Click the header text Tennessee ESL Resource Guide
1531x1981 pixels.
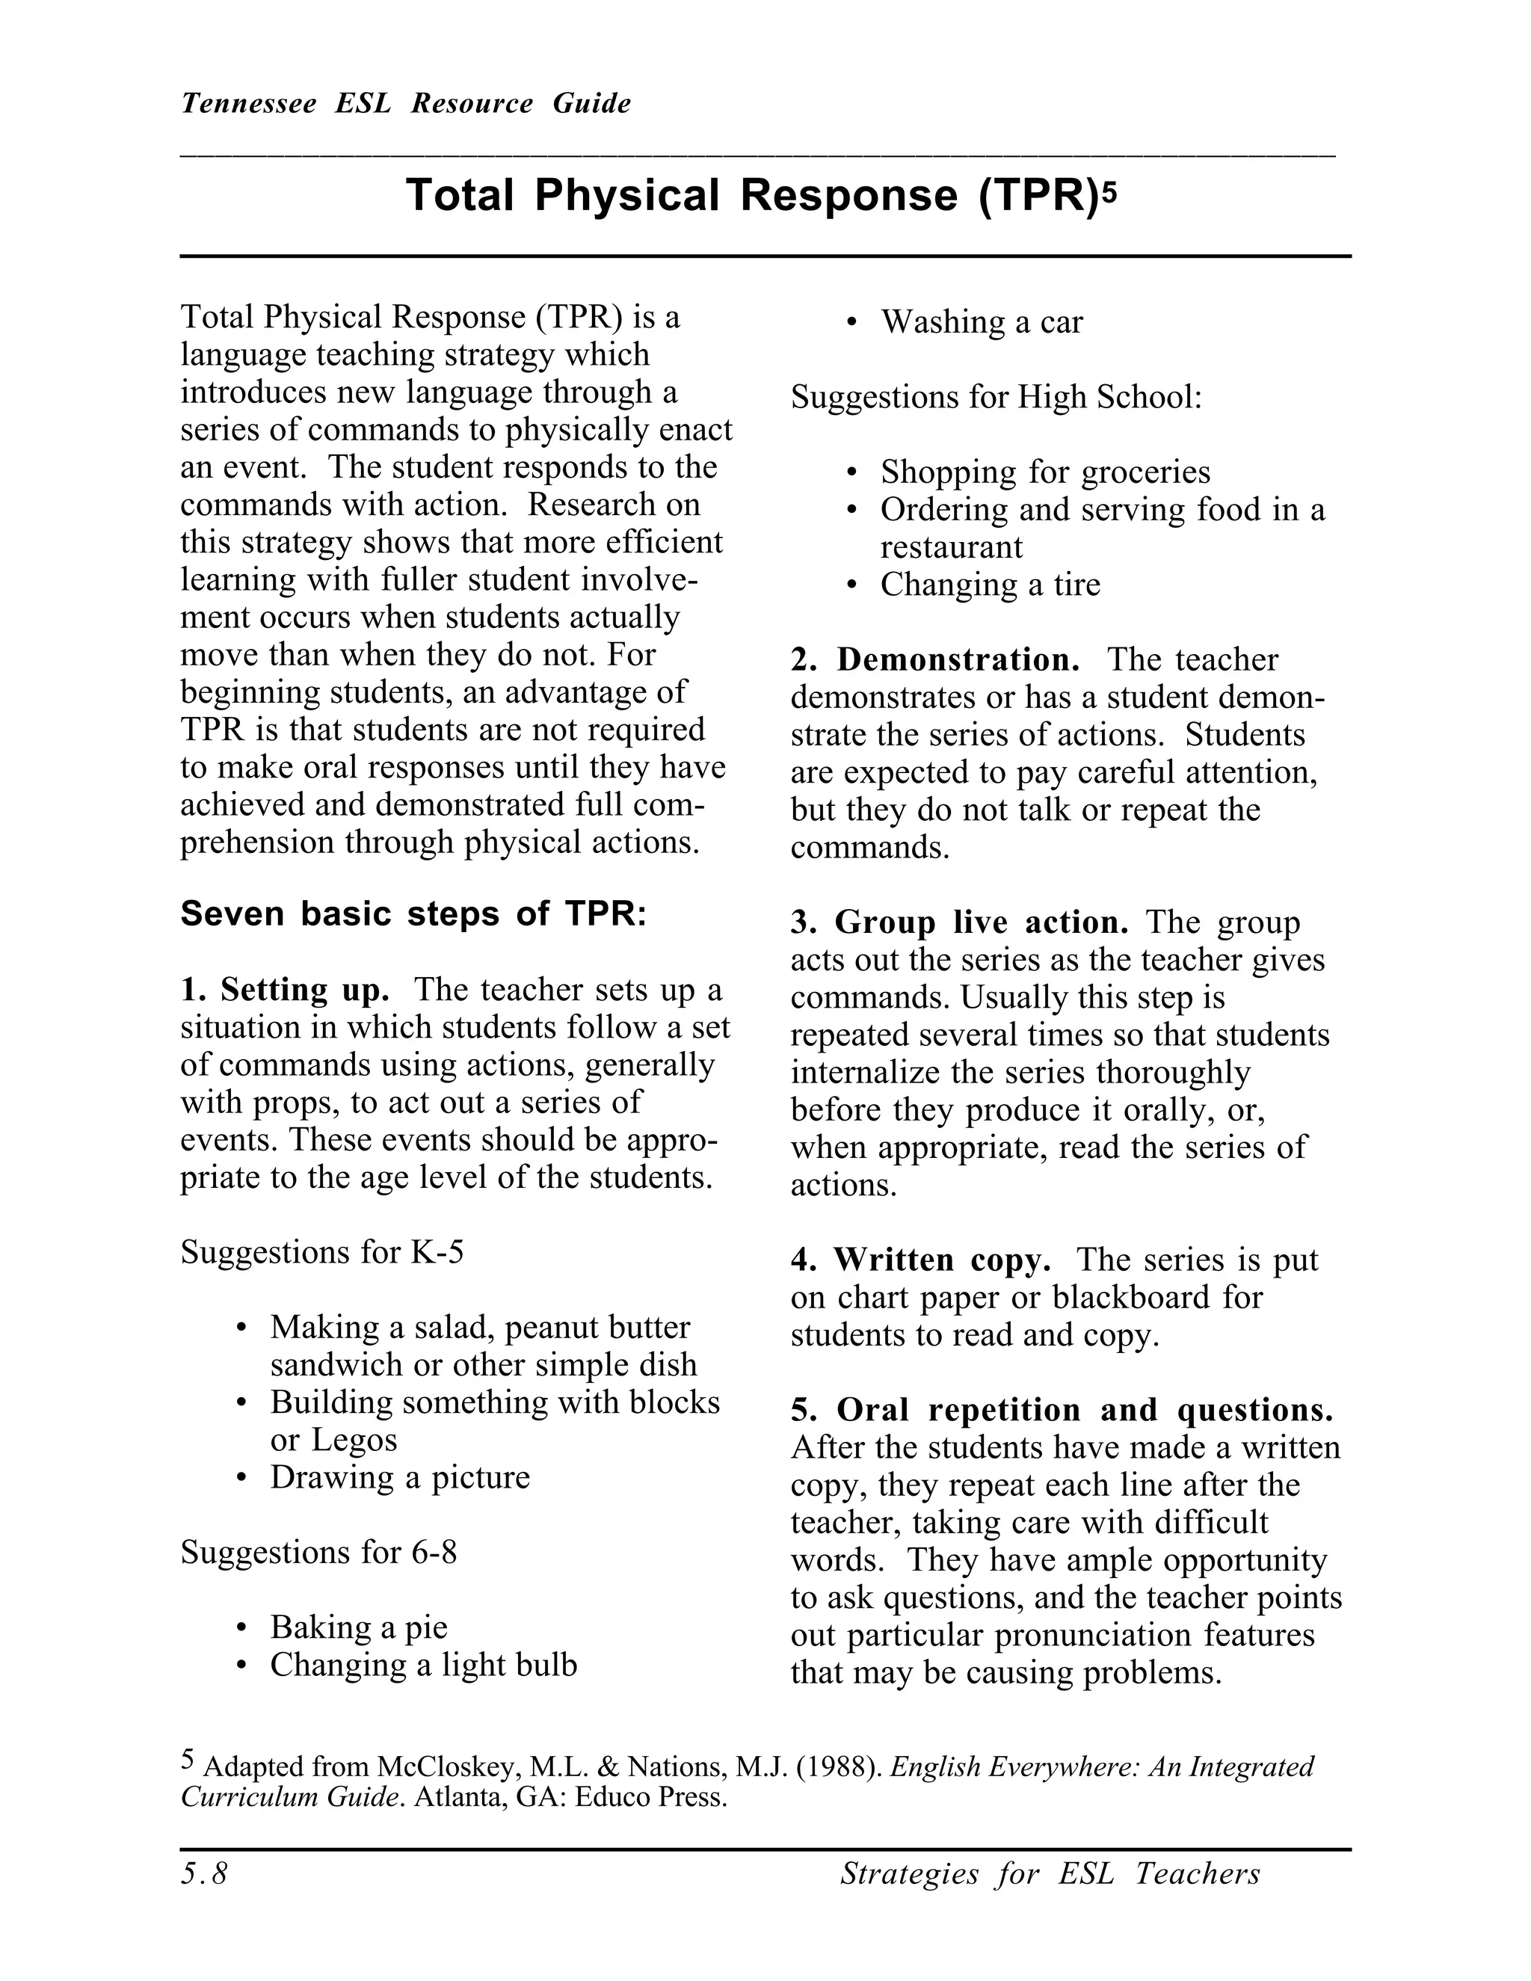(405, 103)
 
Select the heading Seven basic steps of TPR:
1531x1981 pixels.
(413, 914)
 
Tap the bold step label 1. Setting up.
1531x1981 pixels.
(285, 989)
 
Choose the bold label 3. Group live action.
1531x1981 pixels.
(958, 922)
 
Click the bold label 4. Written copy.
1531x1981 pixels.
(920, 1259)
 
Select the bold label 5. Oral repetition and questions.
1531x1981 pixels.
(1062, 1410)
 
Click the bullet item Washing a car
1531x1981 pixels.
(982, 322)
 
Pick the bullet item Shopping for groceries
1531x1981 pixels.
(1045, 472)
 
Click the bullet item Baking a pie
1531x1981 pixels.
(358, 1627)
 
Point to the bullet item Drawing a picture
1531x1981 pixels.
(399, 1476)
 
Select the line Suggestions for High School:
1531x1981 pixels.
(996, 397)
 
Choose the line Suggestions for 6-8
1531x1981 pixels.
(318, 1552)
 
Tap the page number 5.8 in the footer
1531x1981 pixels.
(204, 1873)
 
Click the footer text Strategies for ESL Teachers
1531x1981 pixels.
(1050, 1873)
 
